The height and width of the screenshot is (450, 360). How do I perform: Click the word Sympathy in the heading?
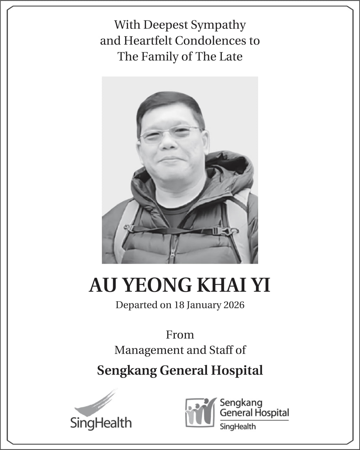point(218,25)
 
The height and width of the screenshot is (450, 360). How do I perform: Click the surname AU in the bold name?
point(102,285)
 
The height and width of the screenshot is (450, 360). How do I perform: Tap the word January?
point(202,305)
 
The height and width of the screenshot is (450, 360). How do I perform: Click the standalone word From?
point(180,335)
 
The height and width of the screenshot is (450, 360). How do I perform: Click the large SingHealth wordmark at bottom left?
point(101,422)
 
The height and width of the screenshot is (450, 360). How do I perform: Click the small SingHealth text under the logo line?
point(238,427)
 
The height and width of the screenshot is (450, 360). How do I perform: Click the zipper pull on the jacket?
point(172,256)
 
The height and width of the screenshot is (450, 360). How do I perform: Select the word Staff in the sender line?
point(222,350)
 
